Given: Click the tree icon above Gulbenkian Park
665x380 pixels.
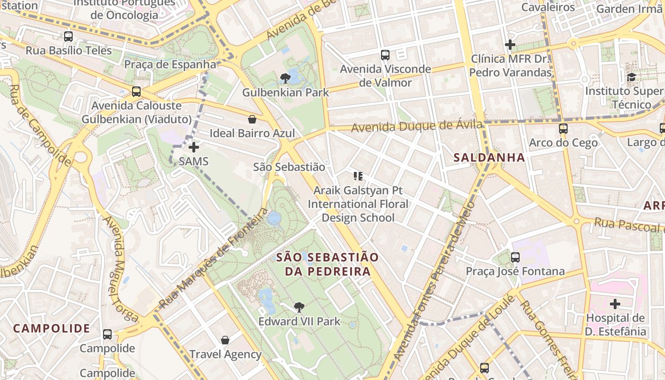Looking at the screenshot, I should click(x=285, y=78).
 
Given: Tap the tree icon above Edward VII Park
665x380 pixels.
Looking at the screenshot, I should click(x=299, y=307).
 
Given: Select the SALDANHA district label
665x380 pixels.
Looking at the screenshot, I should click(x=489, y=157).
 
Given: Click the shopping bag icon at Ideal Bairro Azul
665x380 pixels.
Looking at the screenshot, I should click(x=252, y=119).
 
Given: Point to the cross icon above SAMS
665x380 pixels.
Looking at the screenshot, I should click(x=194, y=147).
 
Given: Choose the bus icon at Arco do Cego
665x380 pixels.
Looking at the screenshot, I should click(x=563, y=128).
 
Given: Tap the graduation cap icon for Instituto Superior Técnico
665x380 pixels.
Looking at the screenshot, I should click(x=631, y=77).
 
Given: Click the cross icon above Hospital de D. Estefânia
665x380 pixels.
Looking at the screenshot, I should click(x=615, y=304).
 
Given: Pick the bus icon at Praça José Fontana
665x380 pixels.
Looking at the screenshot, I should click(x=515, y=257).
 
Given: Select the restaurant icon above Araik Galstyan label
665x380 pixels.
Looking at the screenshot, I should click(x=358, y=177).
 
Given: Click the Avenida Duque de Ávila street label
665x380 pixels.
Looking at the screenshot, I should click(x=417, y=127).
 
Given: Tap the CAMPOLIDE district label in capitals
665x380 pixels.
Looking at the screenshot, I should click(x=51, y=328).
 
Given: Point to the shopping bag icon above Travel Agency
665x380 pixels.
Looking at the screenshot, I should click(x=225, y=340).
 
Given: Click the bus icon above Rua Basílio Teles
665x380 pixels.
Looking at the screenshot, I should click(x=68, y=36).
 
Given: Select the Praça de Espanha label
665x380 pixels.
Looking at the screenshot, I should click(x=170, y=64).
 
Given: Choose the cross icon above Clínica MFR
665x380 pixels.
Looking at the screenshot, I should click(x=510, y=45).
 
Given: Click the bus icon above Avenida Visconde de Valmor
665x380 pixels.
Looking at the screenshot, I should click(x=385, y=55).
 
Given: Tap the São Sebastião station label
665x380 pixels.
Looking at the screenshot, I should click(x=289, y=167).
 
